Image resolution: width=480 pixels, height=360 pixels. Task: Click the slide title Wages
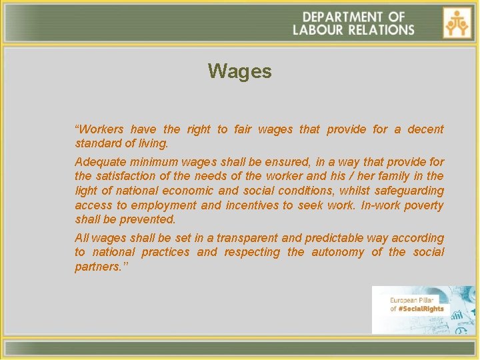click(239, 71)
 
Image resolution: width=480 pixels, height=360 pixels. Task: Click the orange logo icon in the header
click(457, 23)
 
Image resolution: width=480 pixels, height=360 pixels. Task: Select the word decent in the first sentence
click(425, 129)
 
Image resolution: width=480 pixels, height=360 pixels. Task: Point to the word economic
click(216, 191)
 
